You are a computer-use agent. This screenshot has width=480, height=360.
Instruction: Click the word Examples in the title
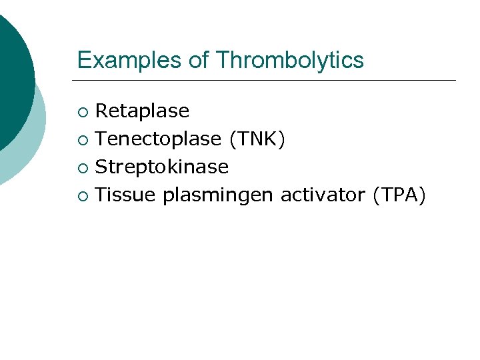(130, 60)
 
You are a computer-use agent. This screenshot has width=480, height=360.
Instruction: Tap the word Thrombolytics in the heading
(289, 60)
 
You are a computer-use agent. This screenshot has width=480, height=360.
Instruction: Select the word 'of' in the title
(199, 60)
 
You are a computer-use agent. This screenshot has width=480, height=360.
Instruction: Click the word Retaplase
(142, 111)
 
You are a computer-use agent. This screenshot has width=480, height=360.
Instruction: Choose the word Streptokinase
(162, 167)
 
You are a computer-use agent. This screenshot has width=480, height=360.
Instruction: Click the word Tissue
(125, 195)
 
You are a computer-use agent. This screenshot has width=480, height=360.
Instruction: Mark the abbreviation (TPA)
(399, 195)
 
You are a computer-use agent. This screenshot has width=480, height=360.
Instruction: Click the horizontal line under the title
(267, 81)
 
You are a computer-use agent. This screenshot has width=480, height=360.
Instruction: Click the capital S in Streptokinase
(101, 167)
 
